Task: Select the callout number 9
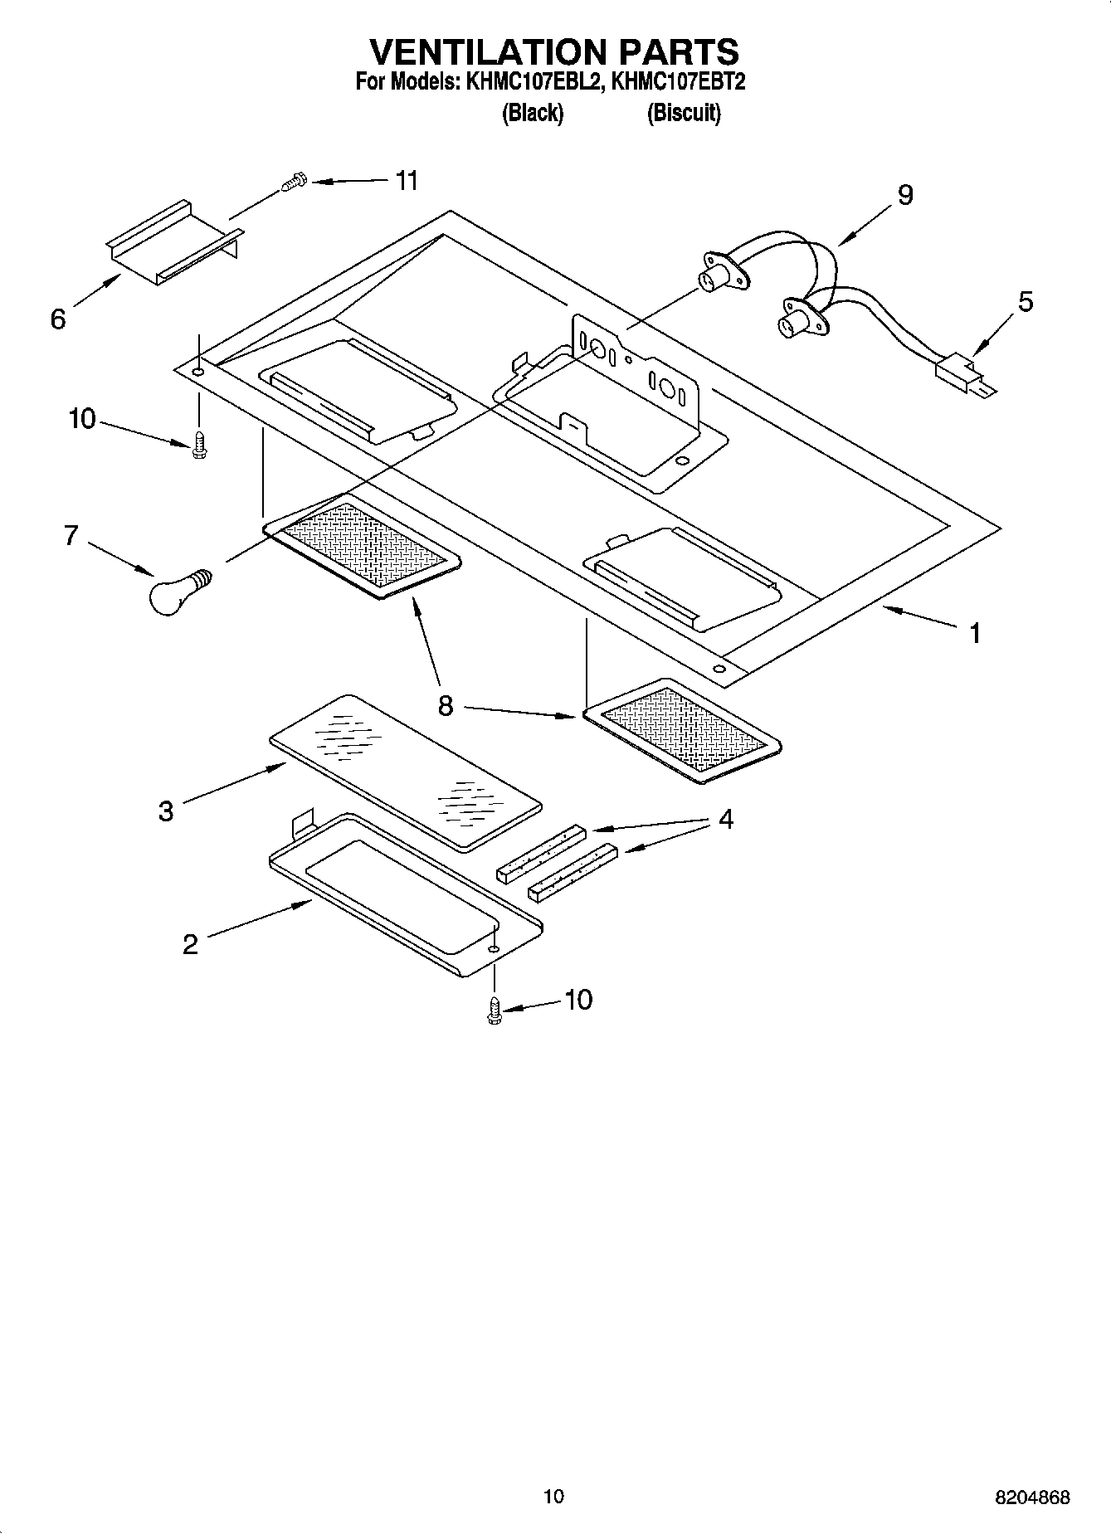tap(904, 195)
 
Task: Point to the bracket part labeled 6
tap(173, 242)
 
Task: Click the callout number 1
tap(975, 633)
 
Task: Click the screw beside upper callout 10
tap(198, 444)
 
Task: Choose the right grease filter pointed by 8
tap(682, 729)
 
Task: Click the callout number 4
tap(725, 820)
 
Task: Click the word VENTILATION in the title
tap(488, 51)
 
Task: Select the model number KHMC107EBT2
tap(677, 82)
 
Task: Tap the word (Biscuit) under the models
tap(684, 113)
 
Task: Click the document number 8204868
tap(1032, 1497)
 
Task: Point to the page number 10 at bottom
tap(553, 1496)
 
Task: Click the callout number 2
tap(190, 944)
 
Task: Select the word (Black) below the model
tap(533, 113)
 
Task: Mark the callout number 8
tap(446, 706)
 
